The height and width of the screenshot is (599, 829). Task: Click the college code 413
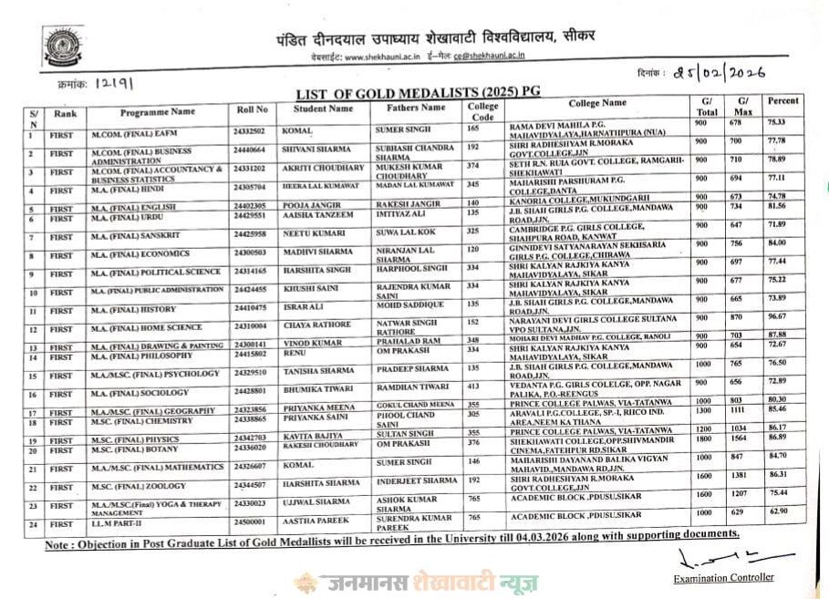pyautogui.click(x=472, y=387)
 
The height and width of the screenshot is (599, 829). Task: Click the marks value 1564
pyautogui.click(x=743, y=437)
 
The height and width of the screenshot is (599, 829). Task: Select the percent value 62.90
pyautogui.click(x=776, y=513)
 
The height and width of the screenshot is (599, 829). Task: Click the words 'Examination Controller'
pyautogui.click(x=723, y=577)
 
